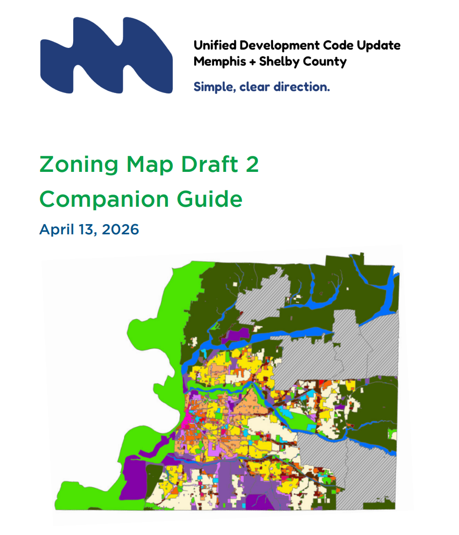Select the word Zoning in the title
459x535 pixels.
pyautogui.click(x=79, y=165)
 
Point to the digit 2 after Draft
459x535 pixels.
pyautogui.click(x=252, y=165)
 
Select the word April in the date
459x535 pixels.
pyautogui.click(x=54, y=229)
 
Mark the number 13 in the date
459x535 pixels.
pyautogui.click(x=85, y=229)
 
